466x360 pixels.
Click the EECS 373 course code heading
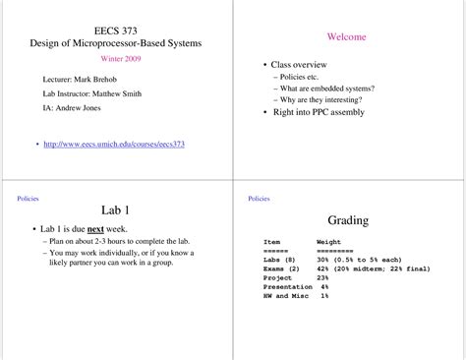click(x=115, y=30)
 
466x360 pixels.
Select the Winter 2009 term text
click(x=115, y=59)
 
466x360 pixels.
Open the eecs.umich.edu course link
click(x=114, y=145)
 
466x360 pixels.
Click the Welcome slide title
click(x=346, y=36)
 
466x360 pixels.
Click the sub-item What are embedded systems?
click(x=327, y=88)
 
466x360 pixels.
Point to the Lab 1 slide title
click(x=115, y=210)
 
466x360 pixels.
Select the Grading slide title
click(x=347, y=220)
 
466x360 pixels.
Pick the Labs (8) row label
click(x=281, y=259)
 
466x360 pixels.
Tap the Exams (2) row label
click(x=282, y=268)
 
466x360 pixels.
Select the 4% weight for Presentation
click(x=323, y=286)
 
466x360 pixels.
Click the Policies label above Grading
click(x=259, y=198)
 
